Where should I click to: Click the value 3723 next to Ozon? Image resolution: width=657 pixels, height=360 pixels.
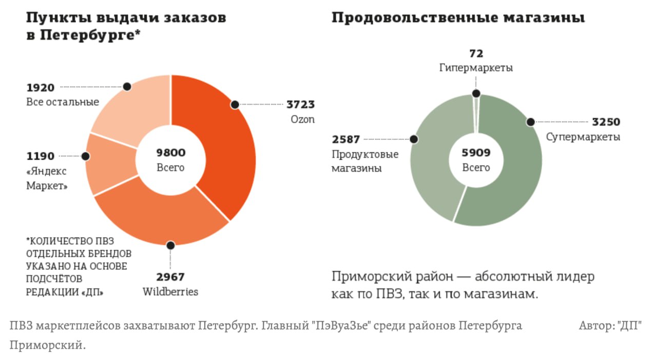click(300, 105)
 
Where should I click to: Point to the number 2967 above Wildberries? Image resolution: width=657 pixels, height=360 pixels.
click(170, 277)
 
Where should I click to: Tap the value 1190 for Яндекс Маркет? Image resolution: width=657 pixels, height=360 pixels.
click(40, 156)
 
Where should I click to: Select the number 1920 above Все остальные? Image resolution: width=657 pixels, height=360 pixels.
click(40, 88)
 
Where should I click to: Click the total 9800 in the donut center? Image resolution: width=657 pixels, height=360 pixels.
click(171, 153)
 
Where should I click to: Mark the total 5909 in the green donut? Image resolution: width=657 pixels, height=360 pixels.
click(476, 153)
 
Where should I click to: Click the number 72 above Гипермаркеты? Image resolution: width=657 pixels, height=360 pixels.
click(476, 53)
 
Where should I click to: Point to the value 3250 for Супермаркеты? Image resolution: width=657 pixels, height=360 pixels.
click(606, 122)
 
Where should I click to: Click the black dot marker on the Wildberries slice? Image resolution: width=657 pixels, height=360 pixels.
click(170, 245)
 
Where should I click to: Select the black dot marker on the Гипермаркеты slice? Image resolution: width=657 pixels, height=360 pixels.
click(476, 93)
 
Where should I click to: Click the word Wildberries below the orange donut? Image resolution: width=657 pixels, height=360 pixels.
click(170, 292)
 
